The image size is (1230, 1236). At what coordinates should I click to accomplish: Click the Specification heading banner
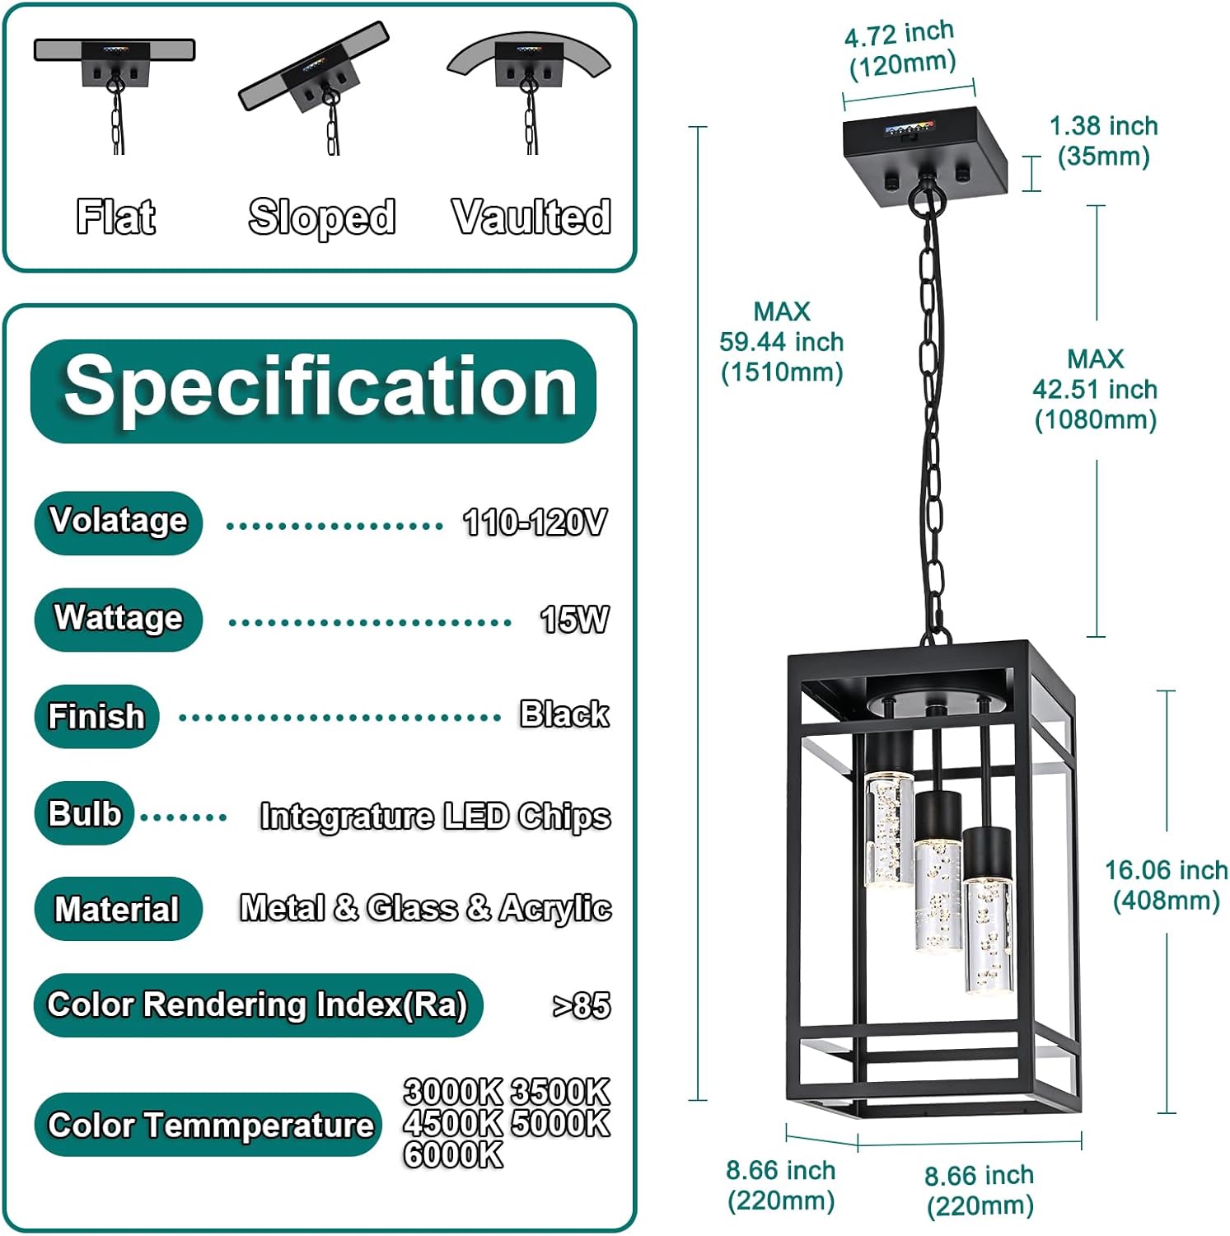[313, 391]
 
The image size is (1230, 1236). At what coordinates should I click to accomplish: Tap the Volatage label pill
[119, 522]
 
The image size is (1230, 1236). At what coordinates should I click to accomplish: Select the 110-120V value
[535, 522]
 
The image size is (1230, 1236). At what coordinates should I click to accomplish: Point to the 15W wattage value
[575, 620]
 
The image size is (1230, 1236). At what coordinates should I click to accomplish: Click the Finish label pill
[96, 716]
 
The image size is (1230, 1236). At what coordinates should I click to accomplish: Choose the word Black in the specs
[564, 714]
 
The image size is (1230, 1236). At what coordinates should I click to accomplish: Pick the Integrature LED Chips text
[435, 816]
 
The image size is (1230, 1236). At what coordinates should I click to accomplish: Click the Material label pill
[118, 909]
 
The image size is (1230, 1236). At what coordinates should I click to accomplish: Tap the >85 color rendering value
[582, 1005]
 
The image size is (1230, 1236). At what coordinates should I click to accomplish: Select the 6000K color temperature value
[453, 1154]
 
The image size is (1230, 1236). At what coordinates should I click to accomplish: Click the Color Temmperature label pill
[209, 1125]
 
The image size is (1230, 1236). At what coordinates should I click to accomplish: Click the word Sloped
[321, 218]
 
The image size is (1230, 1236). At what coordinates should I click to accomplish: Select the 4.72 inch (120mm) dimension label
[901, 49]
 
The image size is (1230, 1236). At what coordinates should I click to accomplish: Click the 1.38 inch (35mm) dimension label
[1103, 141]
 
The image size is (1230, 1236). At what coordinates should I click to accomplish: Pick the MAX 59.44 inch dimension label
[782, 342]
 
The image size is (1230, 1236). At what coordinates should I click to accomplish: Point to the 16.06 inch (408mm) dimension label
[1166, 885]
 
